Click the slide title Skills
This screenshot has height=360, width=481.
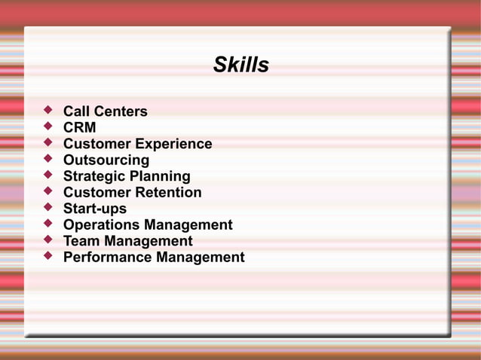pos(240,66)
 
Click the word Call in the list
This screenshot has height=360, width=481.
pos(76,111)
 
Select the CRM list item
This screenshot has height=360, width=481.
pos(79,128)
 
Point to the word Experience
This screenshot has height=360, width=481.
pos(173,144)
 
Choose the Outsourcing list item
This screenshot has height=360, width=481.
pos(106,160)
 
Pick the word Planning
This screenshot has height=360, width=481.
pos(160,176)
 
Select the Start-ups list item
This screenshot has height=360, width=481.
pos(95,209)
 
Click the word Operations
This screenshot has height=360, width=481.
pos(101,225)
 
